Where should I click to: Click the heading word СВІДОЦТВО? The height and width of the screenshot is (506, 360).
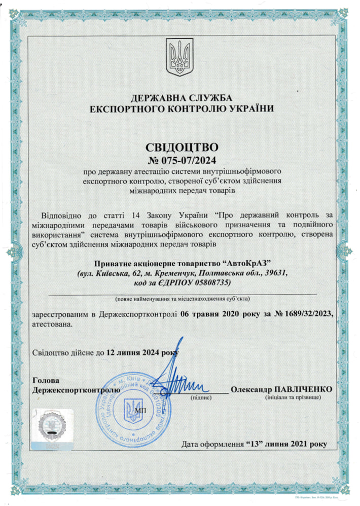pyautogui.click(x=182, y=148)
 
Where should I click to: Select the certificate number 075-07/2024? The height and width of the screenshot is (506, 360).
pyautogui.click(x=190, y=161)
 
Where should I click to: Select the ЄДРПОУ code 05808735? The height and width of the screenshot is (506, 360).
pyautogui.click(x=210, y=282)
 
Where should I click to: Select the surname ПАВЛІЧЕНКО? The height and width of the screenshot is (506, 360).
pyautogui.click(x=303, y=389)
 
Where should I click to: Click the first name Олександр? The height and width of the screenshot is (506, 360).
pyautogui.click(x=252, y=389)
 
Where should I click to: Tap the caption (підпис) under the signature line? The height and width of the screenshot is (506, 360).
pyautogui.click(x=201, y=399)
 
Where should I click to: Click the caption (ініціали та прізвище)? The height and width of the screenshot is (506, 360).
pyautogui.click(x=293, y=399)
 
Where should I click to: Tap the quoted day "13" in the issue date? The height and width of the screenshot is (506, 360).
pyautogui.click(x=257, y=444)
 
